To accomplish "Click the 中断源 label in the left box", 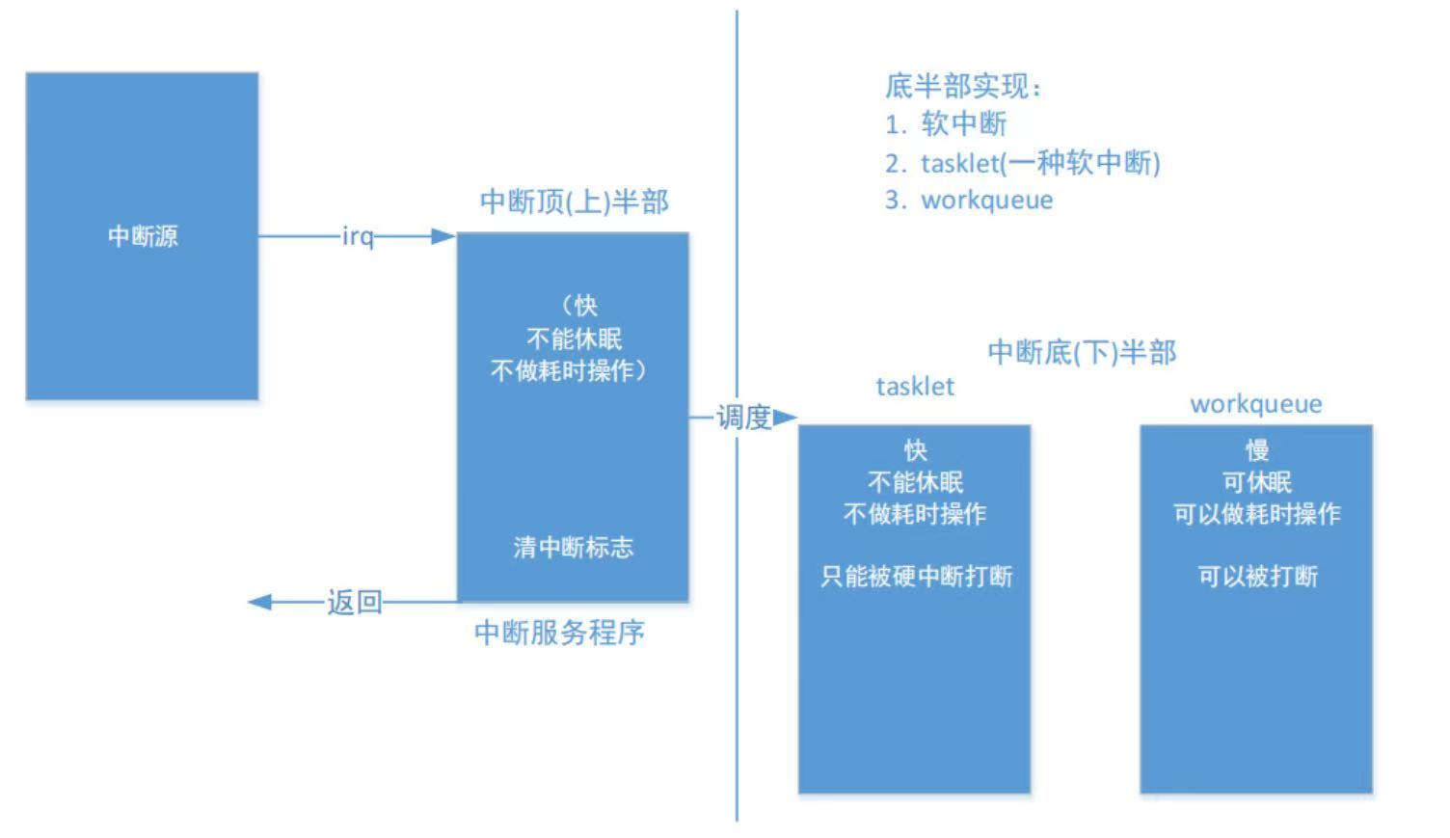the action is tap(143, 236).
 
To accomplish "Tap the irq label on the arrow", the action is tap(358, 236).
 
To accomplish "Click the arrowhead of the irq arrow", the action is tap(444, 236).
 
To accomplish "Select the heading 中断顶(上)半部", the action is tap(575, 203).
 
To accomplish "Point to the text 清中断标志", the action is tap(574, 548).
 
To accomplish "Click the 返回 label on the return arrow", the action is tap(355, 603).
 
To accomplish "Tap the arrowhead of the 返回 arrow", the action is tap(260, 603).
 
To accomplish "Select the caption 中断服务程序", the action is tap(560, 633).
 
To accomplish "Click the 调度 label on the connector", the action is tap(743, 418).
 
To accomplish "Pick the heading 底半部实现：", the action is tap(964, 86).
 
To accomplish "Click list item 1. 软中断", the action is tap(947, 123).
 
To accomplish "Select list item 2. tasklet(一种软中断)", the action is tap(1023, 163).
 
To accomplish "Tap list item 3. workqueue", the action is tap(969, 200).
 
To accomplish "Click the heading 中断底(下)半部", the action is tap(1083, 353).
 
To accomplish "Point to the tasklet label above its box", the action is tap(915, 387).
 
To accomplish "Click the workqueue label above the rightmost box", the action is tap(1256, 404).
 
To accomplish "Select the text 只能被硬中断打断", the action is tap(916, 577).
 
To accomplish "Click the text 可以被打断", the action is tap(1257, 577).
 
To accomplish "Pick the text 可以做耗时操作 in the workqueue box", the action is tap(1257, 514).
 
